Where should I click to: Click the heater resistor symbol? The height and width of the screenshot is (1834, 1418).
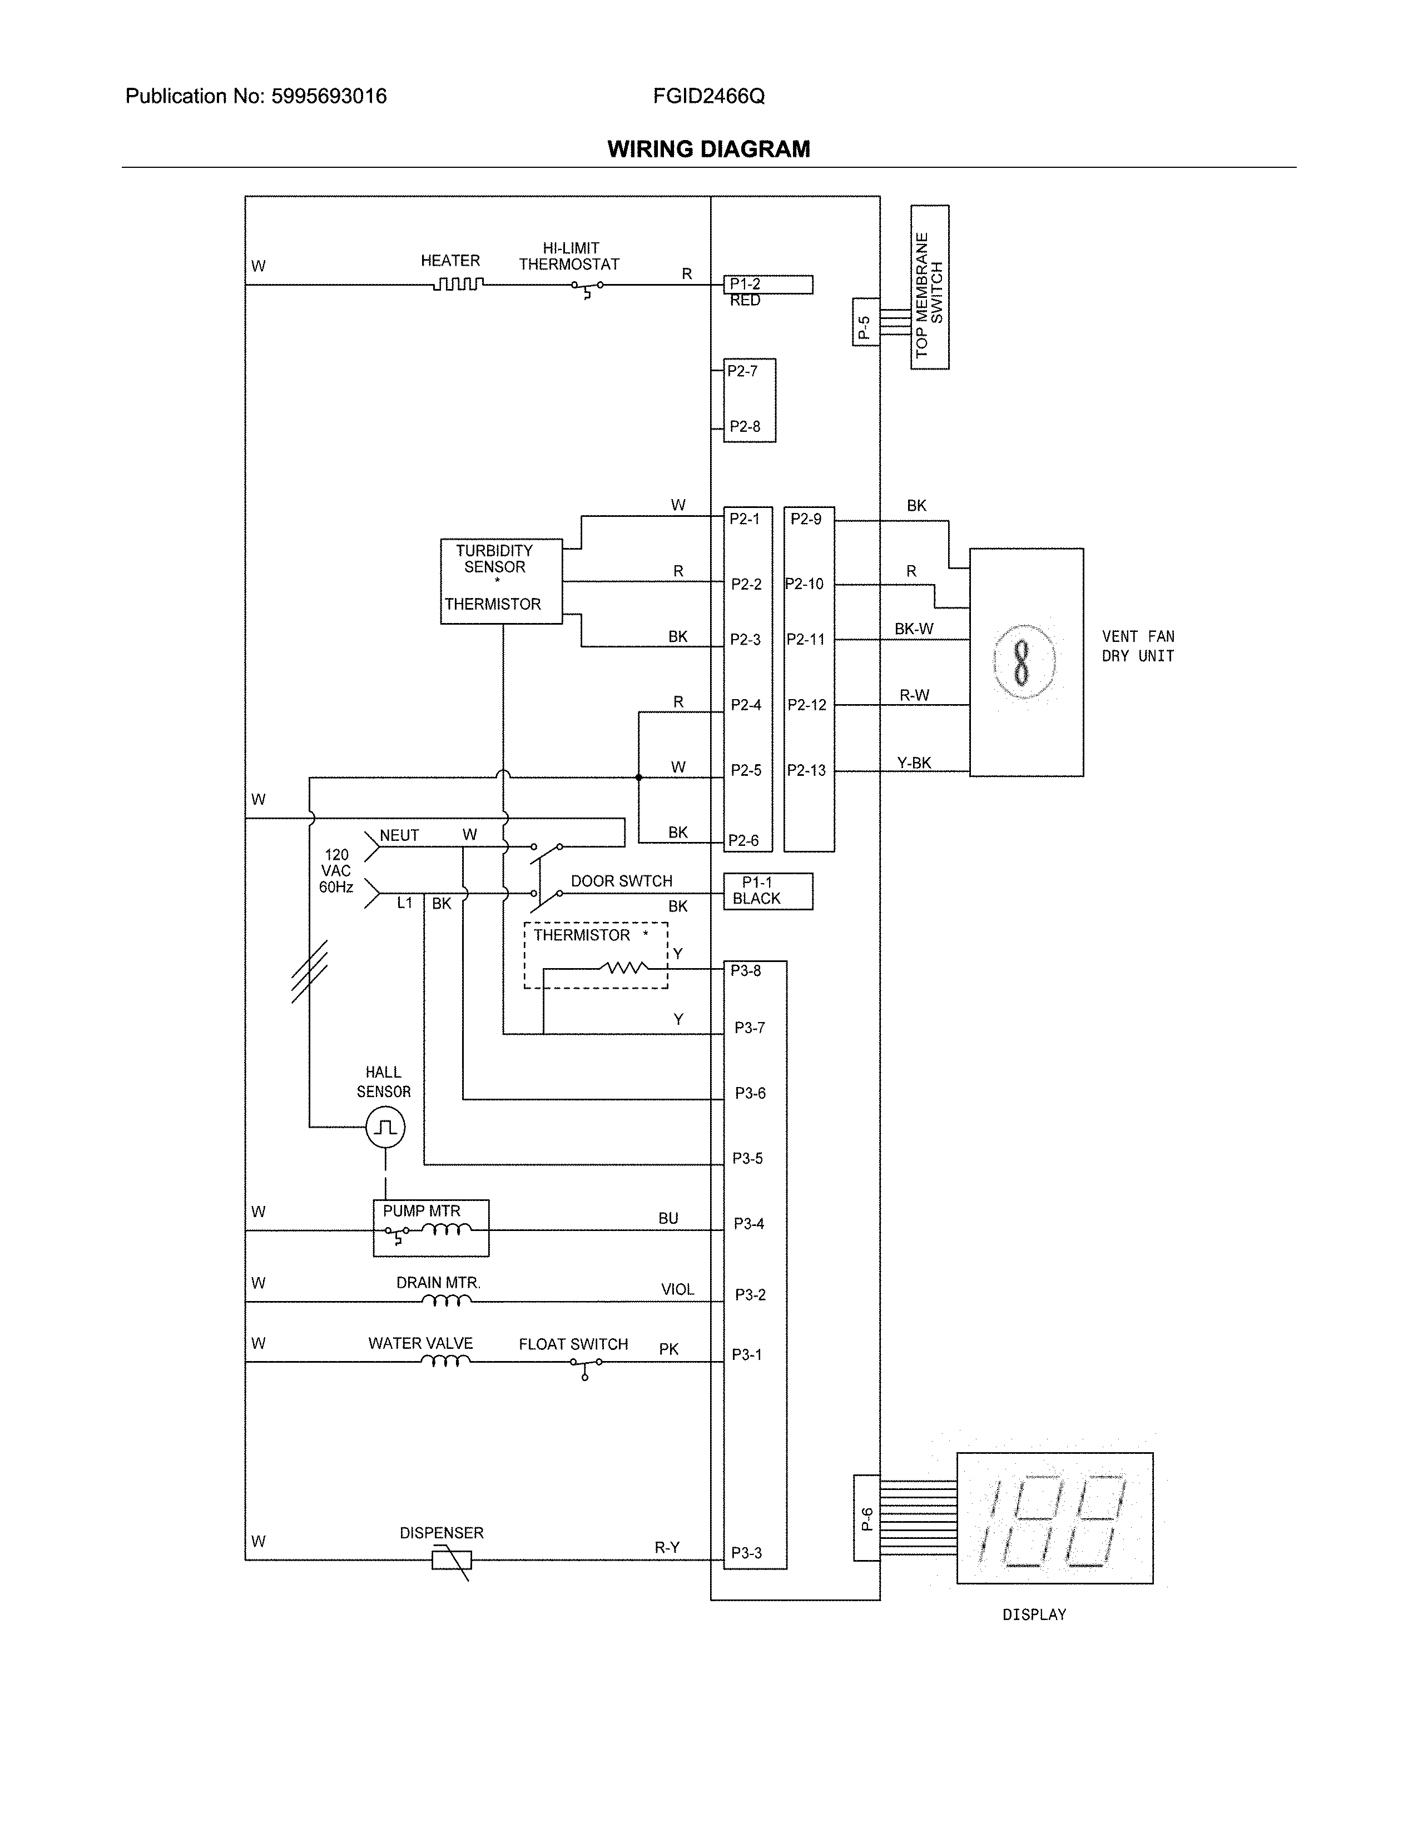458,285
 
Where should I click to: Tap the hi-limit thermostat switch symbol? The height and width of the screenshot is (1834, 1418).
587,287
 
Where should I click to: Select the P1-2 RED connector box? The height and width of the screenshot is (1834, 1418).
768,286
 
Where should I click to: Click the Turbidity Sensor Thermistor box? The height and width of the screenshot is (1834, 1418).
500,581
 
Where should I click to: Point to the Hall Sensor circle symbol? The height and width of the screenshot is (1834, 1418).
385,1127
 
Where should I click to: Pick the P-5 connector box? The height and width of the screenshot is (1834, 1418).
865,322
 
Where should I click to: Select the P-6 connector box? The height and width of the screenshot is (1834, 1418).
866,1518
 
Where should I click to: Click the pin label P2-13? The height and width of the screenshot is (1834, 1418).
806,770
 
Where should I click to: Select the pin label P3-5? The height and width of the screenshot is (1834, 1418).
747,1159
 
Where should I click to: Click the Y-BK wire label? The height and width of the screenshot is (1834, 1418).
914,762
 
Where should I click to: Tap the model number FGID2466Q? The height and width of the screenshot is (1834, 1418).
708,97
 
